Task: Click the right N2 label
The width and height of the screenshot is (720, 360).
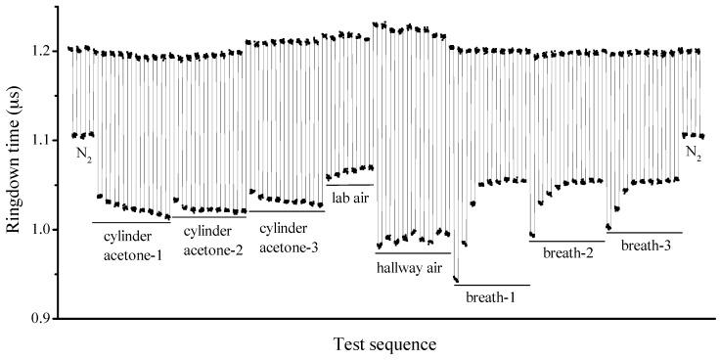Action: coord(693,154)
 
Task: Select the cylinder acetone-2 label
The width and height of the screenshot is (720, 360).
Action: coord(208,238)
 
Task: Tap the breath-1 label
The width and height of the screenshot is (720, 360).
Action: coord(490,295)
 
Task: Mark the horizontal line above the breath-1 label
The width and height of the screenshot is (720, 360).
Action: coord(492,285)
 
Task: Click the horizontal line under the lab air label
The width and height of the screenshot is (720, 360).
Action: coord(349,185)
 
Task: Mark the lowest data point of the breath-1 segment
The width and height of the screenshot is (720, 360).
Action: coord(456,280)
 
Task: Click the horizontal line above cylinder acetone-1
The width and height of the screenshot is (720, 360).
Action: coord(131,222)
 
